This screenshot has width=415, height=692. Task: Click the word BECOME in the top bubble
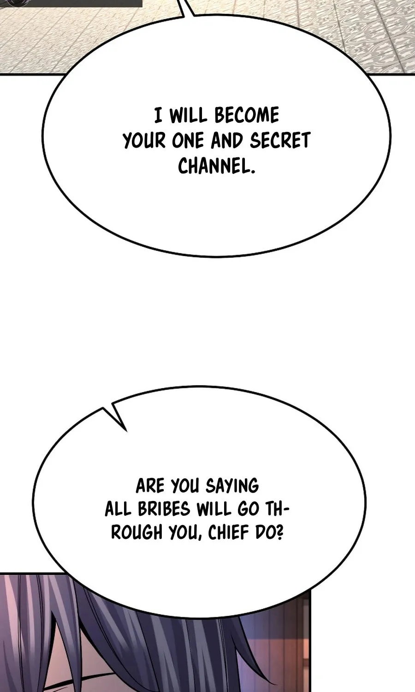click(x=246, y=115)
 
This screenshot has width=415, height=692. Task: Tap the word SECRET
click(x=280, y=141)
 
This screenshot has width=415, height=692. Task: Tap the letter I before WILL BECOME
click(x=158, y=115)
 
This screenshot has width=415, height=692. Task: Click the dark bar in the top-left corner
click(x=71, y=3)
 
